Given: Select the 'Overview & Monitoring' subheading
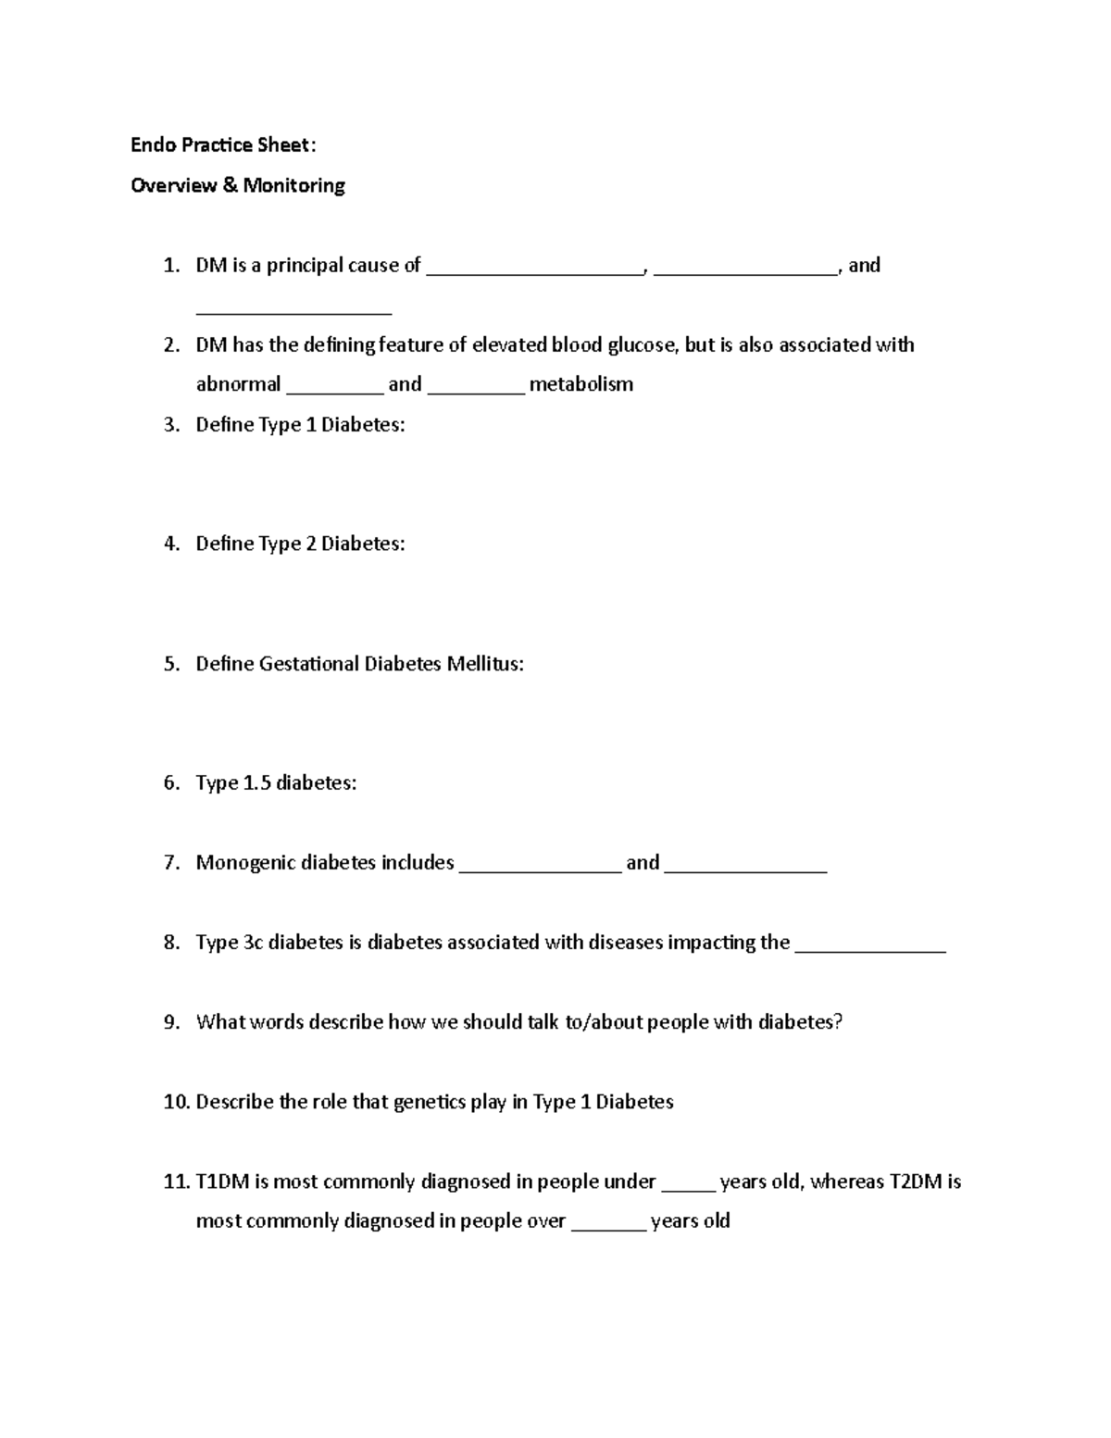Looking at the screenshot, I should pos(238,185).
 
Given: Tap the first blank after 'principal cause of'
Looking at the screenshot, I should pos(534,268).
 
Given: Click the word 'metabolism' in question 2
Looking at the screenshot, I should pos(580,384).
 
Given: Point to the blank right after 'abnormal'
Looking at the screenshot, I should pos(334,386).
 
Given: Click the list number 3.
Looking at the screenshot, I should pos(170,425).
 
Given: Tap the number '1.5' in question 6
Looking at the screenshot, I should pos(256,783).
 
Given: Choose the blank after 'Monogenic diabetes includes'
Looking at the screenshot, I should pos(540,865).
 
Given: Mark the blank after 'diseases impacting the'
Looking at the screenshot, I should pos(870,944).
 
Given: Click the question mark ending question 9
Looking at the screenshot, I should pos(838,1022).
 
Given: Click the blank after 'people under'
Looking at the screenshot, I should pos(688,1184).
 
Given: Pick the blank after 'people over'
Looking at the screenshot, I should pos(608,1223).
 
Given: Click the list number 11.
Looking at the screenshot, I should pos(175,1182).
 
